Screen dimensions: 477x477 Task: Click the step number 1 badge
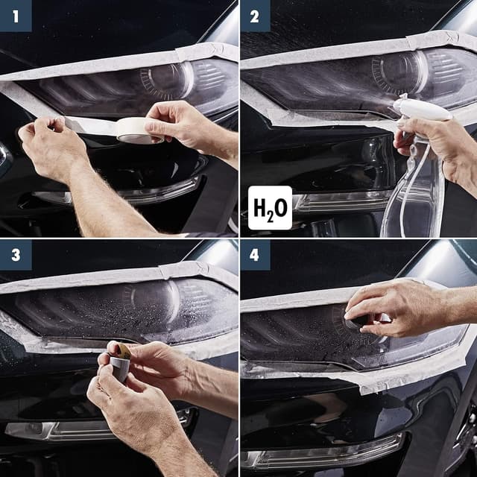tap(15, 15)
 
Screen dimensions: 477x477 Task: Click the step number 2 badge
tap(255, 15)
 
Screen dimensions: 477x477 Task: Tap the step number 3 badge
tap(15, 255)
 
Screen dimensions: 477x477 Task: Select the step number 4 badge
tap(255, 255)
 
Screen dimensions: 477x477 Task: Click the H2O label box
tap(269, 207)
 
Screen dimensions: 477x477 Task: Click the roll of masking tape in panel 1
tap(134, 129)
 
